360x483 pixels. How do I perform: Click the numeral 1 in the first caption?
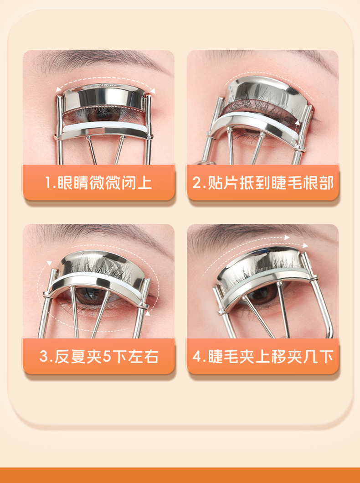tap(48, 182)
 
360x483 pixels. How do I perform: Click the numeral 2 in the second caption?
tap(196, 182)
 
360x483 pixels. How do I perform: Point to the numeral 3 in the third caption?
tap(44, 356)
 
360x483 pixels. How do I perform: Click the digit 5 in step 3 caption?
tap(107, 356)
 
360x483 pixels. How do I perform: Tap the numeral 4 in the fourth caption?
tap(197, 356)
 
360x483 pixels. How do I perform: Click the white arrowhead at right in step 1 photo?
tap(152, 90)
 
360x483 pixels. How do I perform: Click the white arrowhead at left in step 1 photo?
tap(58, 89)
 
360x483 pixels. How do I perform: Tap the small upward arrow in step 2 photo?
tap(298, 123)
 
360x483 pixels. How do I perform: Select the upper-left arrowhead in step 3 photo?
tap(49, 263)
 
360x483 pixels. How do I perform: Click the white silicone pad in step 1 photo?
tap(105, 127)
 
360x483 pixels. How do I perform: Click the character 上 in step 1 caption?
tap(144, 182)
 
